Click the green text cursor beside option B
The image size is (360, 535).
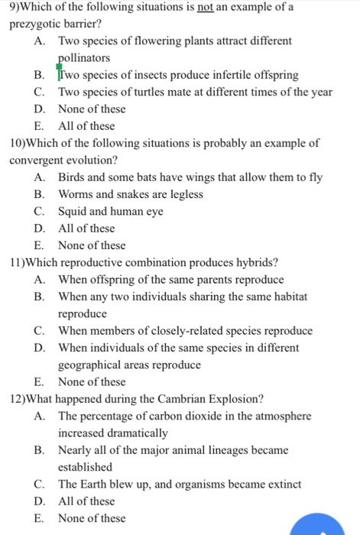point(59,74)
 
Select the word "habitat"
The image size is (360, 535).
point(287,297)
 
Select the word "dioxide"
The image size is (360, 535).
point(217,416)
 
